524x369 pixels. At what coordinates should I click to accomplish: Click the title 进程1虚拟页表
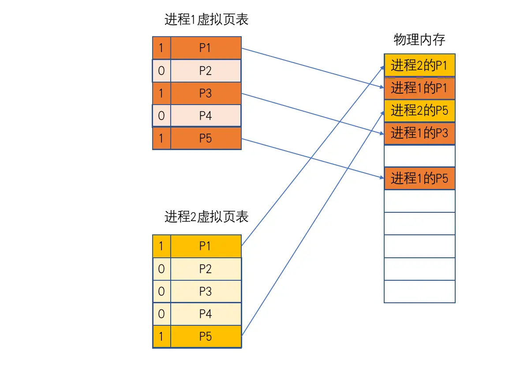[x=206, y=19]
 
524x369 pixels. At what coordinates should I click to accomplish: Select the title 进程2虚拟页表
[x=206, y=217]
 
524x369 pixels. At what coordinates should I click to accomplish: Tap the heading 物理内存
[x=419, y=39]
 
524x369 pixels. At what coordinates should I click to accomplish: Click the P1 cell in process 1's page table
[x=206, y=48]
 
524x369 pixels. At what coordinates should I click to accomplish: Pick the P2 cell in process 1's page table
[x=206, y=71]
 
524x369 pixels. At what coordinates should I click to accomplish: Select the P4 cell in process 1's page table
[x=206, y=116]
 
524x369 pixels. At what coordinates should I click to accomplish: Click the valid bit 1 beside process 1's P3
[x=161, y=93]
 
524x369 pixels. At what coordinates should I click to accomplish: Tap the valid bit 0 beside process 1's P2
[x=161, y=71]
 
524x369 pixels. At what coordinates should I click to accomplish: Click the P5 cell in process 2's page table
[x=206, y=336]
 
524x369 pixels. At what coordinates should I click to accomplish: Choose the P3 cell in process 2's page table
[x=206, y=291]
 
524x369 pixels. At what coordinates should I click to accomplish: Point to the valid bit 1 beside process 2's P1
[x=161, y=246]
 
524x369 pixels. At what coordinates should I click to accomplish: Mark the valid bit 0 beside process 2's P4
[x=161, y=314]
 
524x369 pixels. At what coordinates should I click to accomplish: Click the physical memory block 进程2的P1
[x=420, y=65]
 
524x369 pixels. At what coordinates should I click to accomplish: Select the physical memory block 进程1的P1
[x=420, y=88]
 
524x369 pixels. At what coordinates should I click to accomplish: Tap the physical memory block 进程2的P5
[x=420, y=110]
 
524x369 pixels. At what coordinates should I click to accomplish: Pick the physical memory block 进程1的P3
[x=420, y=133]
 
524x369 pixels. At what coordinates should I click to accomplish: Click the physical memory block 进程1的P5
[x=420, y=178]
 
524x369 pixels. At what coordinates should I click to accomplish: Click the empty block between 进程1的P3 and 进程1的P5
[x=420, y=156]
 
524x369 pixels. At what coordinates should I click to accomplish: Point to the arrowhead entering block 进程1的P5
[x=383, y=177]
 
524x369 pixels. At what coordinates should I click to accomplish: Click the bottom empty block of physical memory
[x=420, y=291]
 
